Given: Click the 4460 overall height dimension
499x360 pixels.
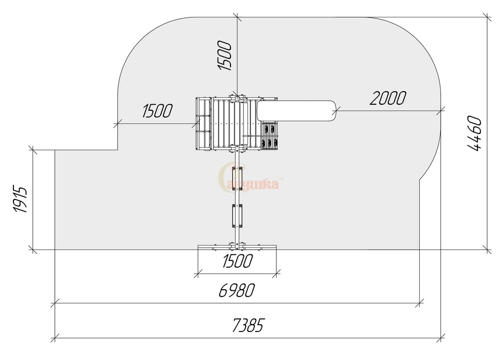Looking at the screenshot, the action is point(475,133).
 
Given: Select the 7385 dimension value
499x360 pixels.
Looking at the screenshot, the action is point(248,325).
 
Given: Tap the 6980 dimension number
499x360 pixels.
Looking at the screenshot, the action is point(237,290).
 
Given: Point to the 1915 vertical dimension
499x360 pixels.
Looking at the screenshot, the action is point(20,199).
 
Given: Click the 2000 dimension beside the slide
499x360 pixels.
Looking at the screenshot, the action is point(388,98).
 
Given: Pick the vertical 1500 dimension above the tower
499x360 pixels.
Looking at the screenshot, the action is point(225,55).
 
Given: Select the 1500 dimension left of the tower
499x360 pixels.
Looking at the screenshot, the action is point(157,111).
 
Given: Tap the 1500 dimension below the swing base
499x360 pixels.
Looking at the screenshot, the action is point(237,261).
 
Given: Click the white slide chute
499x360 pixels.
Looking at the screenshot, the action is point(296,111).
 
